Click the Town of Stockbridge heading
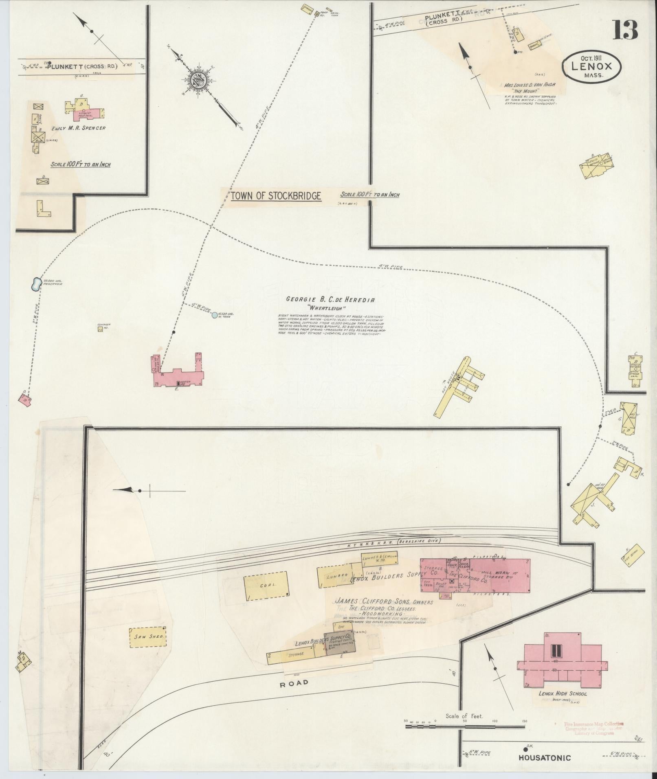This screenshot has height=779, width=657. [276, 196]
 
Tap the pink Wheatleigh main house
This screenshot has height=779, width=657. [179, 377]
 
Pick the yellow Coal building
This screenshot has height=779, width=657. [266, 585]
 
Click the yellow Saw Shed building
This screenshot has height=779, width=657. [147, 637]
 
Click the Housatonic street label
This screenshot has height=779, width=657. [545, 758]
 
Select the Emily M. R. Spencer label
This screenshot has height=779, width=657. [78, 128]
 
